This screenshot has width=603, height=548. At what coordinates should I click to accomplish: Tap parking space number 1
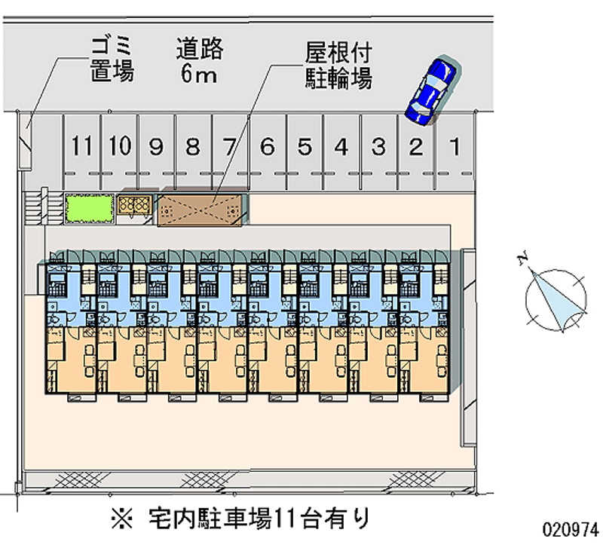(454, 146)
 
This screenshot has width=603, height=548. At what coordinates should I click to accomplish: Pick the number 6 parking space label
(267, 146)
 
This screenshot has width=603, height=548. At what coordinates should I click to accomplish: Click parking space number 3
(379, 146)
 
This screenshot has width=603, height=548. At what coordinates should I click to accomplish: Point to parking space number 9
(156, 146)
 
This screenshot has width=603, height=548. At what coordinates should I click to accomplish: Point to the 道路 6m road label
(200, 61)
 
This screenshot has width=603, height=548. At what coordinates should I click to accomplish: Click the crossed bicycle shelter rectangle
(201, 208)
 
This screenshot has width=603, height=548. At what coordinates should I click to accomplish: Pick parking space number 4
(341, 146)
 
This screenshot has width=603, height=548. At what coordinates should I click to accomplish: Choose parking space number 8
(193, 146)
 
